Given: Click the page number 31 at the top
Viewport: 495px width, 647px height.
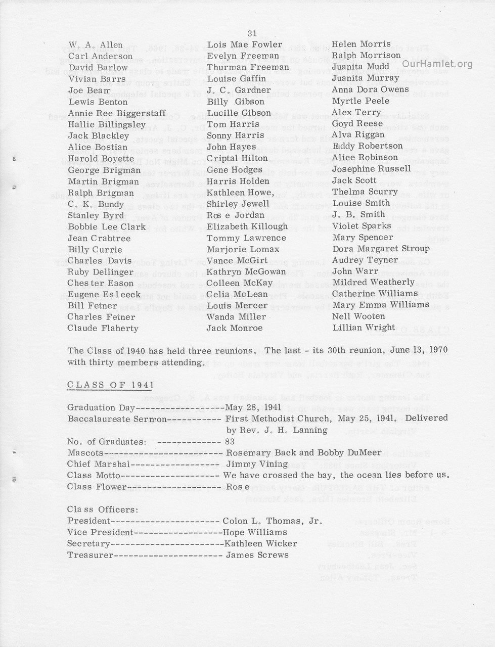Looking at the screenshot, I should pos(252,33).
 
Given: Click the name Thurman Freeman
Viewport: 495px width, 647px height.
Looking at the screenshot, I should pos(248,67).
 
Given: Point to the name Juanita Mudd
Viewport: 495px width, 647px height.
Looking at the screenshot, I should pos(361,67).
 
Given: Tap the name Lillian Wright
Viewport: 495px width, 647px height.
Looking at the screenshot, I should pos(364,328).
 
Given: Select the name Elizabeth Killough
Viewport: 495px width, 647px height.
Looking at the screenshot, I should pos(247,226).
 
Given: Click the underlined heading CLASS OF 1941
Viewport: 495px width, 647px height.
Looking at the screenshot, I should pos(104,385).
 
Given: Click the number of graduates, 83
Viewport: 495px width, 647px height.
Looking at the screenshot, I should pos(230,441).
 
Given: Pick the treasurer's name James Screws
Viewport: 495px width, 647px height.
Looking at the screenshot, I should pos(257,555).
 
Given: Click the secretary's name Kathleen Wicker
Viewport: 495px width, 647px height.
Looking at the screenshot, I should pos(260,544).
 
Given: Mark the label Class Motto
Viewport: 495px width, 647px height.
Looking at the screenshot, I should pos(94,476).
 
